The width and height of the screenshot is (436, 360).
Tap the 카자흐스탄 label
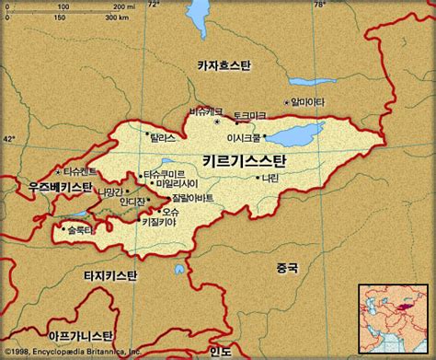pos(230,64)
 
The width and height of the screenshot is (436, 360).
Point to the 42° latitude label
pos(9,137)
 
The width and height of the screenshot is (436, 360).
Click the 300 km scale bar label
pos(117,17)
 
